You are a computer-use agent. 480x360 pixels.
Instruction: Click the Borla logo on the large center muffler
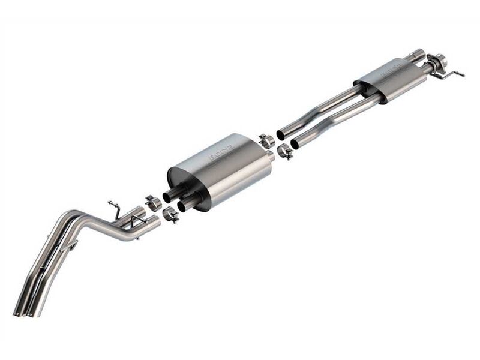221,155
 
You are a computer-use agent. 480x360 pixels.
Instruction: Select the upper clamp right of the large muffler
266,142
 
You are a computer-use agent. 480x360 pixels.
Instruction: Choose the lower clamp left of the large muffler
170,214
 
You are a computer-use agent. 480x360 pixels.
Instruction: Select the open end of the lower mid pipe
295,144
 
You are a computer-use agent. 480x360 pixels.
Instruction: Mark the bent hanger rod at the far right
454,74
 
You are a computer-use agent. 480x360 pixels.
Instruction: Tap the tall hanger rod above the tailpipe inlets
115,208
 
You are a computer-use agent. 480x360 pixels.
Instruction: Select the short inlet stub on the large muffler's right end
269,156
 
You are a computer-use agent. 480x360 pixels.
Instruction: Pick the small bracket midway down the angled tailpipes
72,245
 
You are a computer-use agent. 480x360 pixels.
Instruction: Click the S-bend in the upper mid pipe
324,114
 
